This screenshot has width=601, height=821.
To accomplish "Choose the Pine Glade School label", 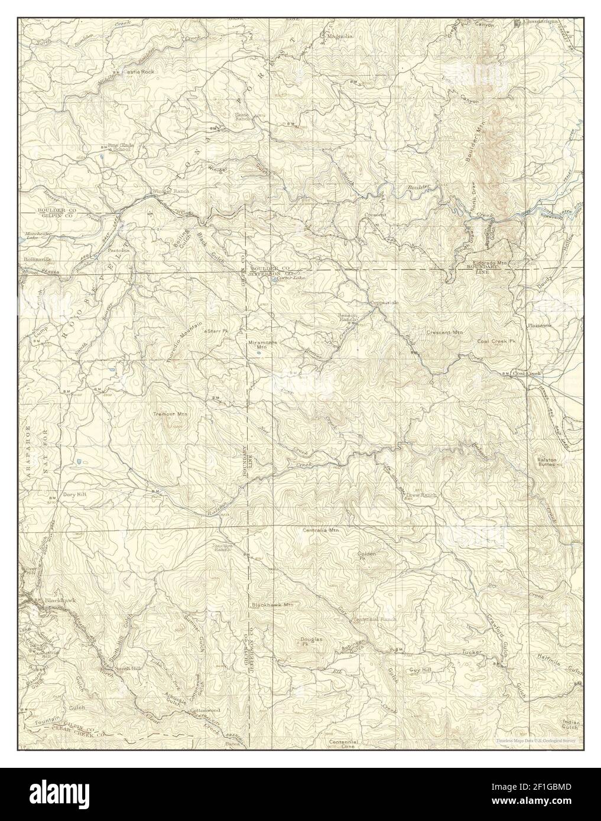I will coord(118,147).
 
